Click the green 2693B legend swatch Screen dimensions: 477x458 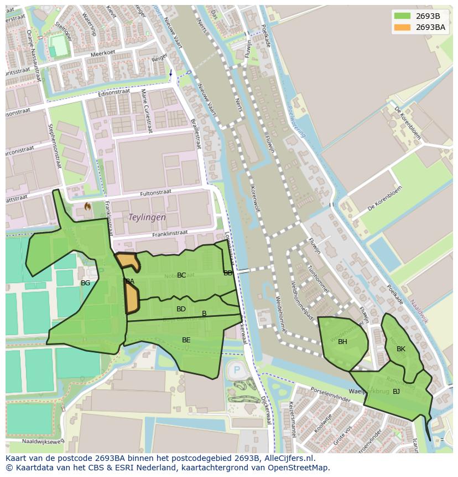[x=402, y=16]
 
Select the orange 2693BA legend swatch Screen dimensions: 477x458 [x=402, y=27]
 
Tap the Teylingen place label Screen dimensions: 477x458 [x=147, y=218]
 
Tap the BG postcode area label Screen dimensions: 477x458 [x=85, y=283]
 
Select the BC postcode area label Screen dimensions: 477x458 [x=181, y=275]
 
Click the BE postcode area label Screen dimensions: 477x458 [x=186, y=340]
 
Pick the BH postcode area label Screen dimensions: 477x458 [x=342, y=342]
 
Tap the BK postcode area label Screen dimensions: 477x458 [x=401, y=349]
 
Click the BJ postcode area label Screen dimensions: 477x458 [x=396, y=392]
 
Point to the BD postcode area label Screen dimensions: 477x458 [x=181, y=309]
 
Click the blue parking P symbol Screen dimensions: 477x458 [x=237, y=370]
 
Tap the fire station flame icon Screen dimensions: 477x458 [x=87, y=206]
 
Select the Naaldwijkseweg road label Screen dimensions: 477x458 [x=43, y=441]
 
